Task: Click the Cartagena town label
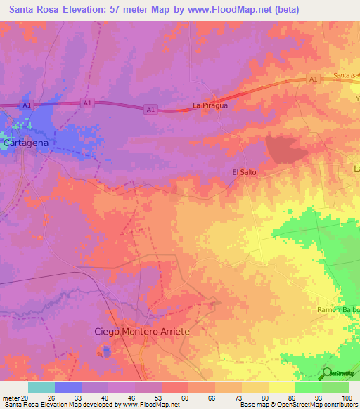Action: coord(26,143)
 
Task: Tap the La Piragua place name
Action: coord(210,106)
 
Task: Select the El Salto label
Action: coord(244,172)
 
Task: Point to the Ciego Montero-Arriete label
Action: coord(142,330)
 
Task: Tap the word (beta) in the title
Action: coord(286,10)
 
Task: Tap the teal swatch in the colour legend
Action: coord(41,387)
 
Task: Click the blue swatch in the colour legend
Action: coord(67,387)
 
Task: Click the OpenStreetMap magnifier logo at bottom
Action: coord(327,373)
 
